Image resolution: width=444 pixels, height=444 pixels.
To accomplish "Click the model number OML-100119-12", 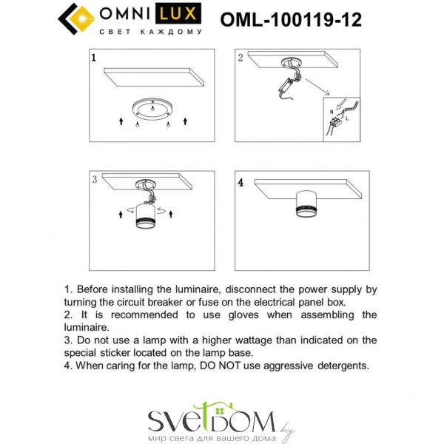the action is [291, 20].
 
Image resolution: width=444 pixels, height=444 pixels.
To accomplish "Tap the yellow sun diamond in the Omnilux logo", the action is [82, 19].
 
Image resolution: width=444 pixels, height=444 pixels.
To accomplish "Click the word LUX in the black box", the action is [178, 13].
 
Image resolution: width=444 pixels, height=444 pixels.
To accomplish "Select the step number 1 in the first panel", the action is [94, 58].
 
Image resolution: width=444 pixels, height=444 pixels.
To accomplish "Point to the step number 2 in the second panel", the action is [240, 58].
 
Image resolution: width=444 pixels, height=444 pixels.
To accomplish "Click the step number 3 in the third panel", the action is [95, 179].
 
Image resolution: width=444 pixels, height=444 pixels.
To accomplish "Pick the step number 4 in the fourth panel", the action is [240, 183].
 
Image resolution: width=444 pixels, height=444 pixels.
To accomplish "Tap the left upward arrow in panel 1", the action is [121, 121].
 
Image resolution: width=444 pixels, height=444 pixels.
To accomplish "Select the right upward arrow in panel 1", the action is [185, 121].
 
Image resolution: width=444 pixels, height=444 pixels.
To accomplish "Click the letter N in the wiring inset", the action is [332, 112].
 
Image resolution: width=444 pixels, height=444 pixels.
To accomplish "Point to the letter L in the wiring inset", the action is [347, 118].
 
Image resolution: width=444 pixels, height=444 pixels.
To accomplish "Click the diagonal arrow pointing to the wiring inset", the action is [317, 87].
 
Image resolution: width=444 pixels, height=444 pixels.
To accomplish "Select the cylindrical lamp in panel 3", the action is [145, 216].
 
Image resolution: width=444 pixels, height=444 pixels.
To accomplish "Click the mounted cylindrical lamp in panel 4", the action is [306, 204].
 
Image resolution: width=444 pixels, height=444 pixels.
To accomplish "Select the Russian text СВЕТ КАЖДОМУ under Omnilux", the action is [151, 32].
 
